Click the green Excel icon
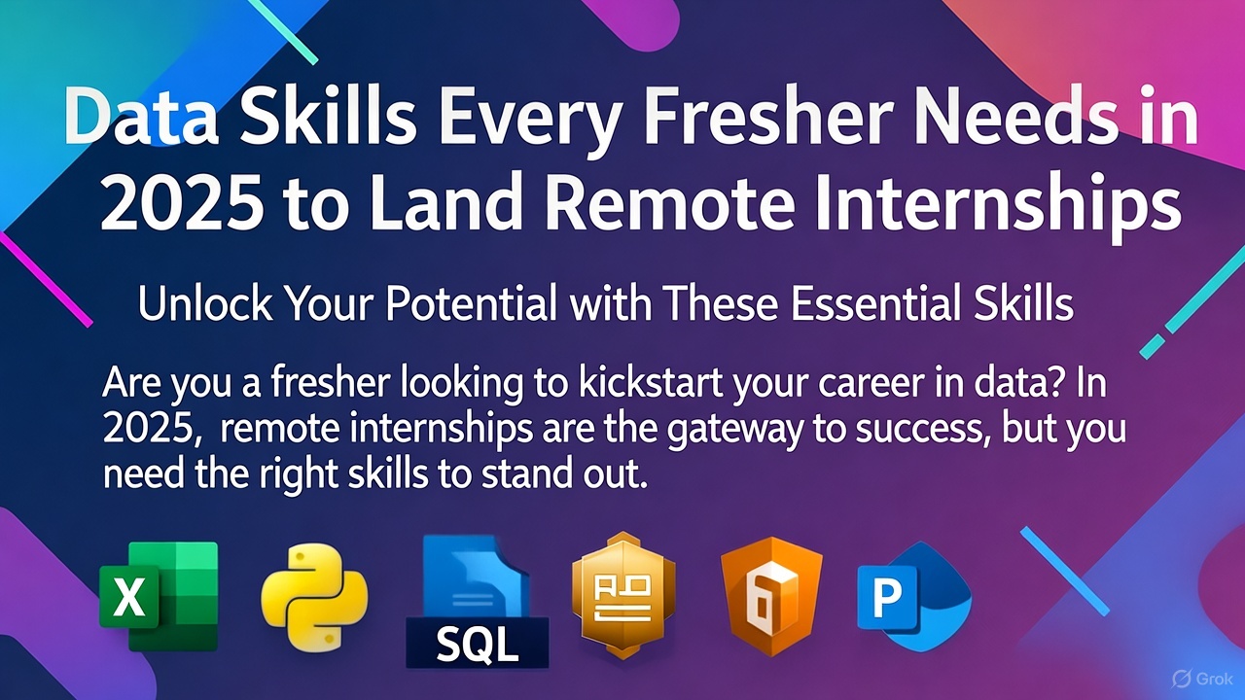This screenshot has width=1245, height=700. tap(159, 596)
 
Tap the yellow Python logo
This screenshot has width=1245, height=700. tap(313, 596)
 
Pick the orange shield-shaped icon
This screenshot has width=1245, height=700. tap(771, 594)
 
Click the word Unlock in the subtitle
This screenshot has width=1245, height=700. tap(196, 305)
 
